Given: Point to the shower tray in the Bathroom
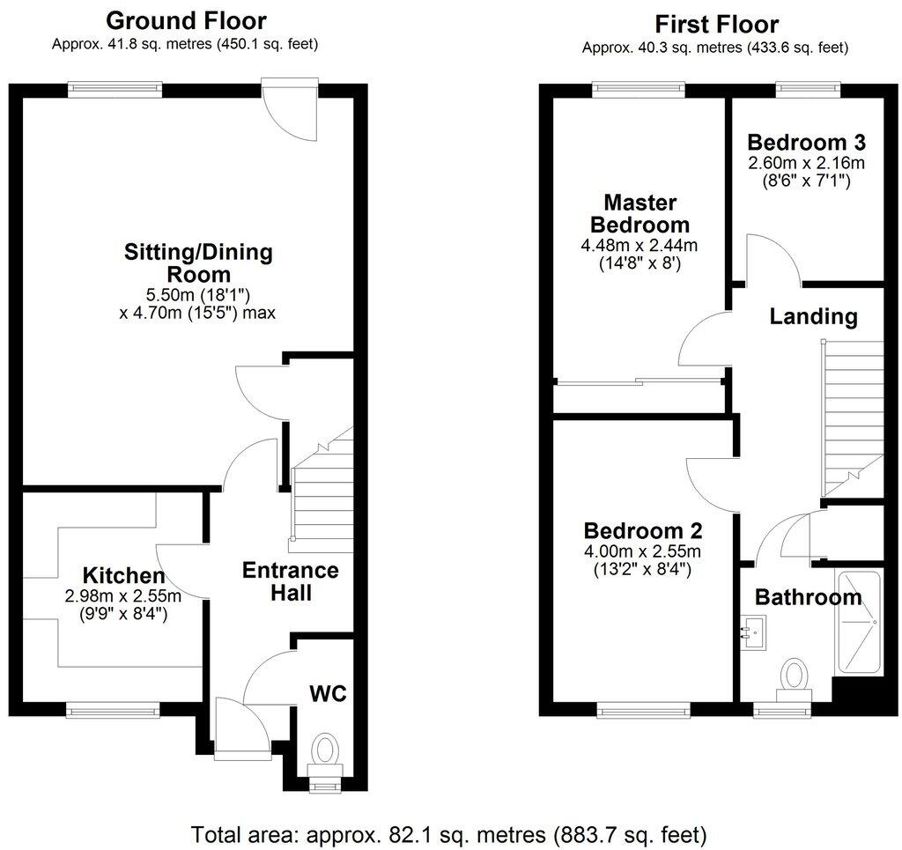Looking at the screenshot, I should point(860,623).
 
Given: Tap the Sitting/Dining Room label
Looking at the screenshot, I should point(198,263).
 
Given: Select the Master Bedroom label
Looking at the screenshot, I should point(640,212).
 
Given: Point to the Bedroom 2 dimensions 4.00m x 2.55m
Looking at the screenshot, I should point(642,552).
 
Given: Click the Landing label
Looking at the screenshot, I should point(813,316).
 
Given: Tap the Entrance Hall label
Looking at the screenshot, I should point(290,581).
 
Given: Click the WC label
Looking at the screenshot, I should point(327,692).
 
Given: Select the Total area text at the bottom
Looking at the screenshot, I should point(449,832).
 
